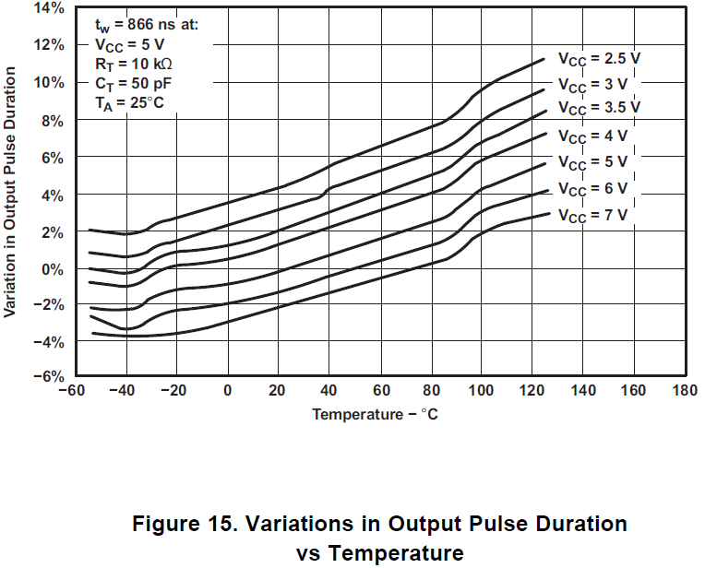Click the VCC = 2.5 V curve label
598,57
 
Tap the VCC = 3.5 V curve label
598,107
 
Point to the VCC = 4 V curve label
591,136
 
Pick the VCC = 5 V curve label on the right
591,163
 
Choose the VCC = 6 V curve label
591,188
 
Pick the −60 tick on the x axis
68,390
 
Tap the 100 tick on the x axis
481,390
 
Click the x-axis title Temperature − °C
375,414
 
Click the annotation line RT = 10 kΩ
134,64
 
